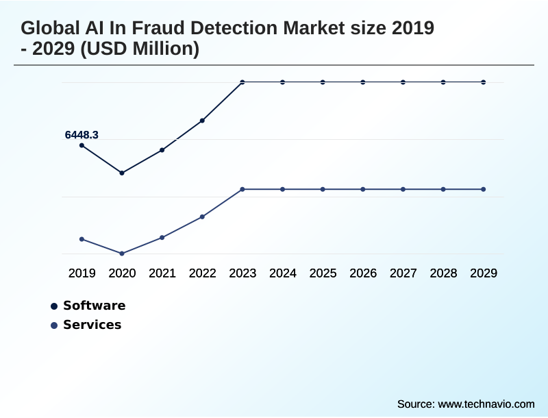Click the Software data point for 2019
pos(82,145)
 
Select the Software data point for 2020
pos(122,173)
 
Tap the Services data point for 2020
pos(122,254)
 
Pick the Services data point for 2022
pos(202,217)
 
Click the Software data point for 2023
pos(242,82)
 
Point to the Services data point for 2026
pos(363,189)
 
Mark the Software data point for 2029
pos(484,82)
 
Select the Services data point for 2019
pos(82,239)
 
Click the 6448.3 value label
pos(82,135)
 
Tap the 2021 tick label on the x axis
pos(162,273)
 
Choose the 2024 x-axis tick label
pos(283,273)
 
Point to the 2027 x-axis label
pos(403,273)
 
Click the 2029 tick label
pos(484,273)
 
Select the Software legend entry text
pos(94,306)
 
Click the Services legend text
pos(92,325)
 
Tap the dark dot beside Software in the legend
pos(54,306)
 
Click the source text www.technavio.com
pos(486,404)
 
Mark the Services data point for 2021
pos(162,237)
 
